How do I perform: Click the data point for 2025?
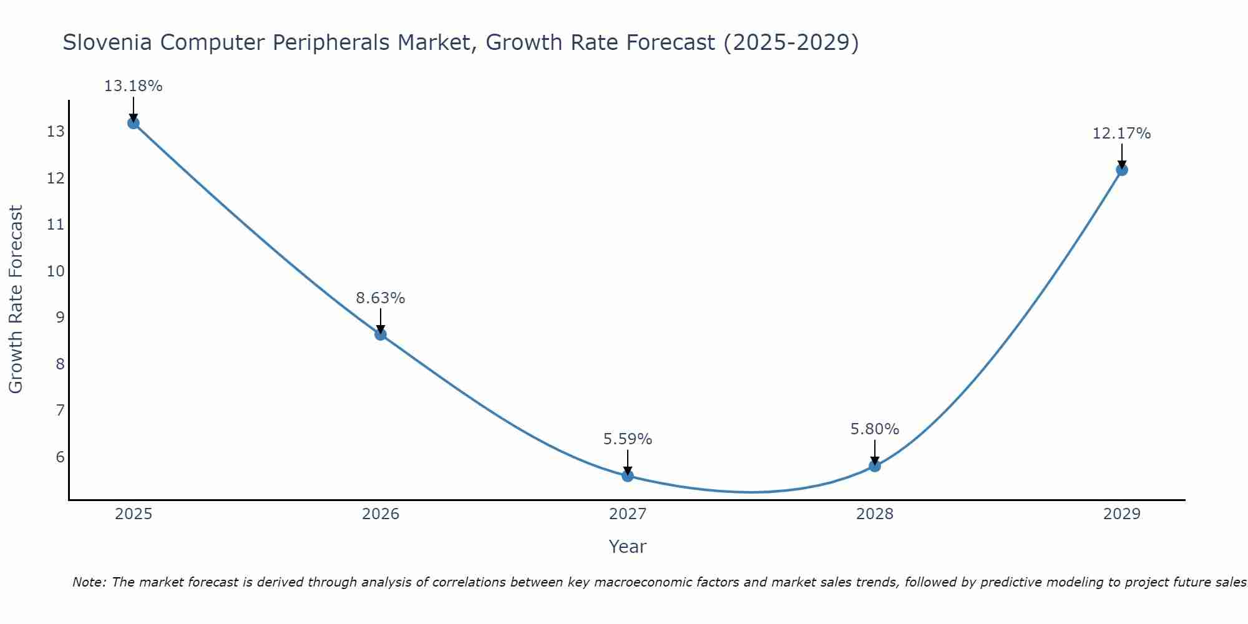tap(133, 123)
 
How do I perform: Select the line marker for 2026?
tap(381, 334)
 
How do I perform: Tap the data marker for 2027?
tap(628, 475)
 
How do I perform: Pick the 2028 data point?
tap(875, 466)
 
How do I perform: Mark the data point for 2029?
tap(1122, 170)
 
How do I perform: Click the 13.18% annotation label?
tap(133, 86)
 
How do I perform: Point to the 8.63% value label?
tap(381, 298)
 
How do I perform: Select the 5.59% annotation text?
tap(628, 439)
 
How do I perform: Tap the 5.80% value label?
tap(875, 429)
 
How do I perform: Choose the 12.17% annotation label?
tap(1122, 134)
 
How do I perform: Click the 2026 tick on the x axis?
tap(381, 514)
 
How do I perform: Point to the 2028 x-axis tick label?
tap(875, 514)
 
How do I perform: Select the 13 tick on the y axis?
tap(56, 132)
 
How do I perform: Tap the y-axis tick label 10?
tap(56, 271)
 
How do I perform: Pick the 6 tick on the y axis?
tap(60, 457)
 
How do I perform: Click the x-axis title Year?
tap(628, 547)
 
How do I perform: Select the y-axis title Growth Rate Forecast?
tap(16, 300)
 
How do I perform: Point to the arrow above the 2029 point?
tap(1122, 155)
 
